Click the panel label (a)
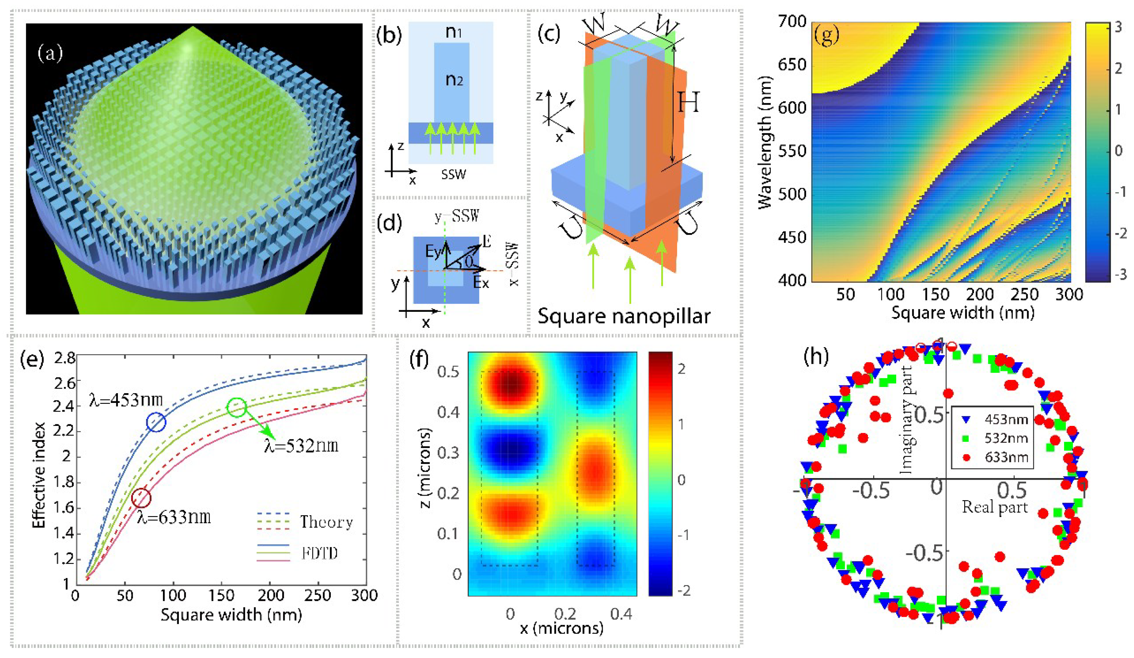click(51, 53)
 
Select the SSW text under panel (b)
click(453, 174)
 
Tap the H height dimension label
click(688, 103)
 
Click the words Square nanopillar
click(623, 316)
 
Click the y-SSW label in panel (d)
click(456, 217)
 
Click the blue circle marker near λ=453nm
click(156, 422)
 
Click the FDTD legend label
click(319, 553)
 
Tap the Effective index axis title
click(39, 475)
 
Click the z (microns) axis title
click(425, 468)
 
